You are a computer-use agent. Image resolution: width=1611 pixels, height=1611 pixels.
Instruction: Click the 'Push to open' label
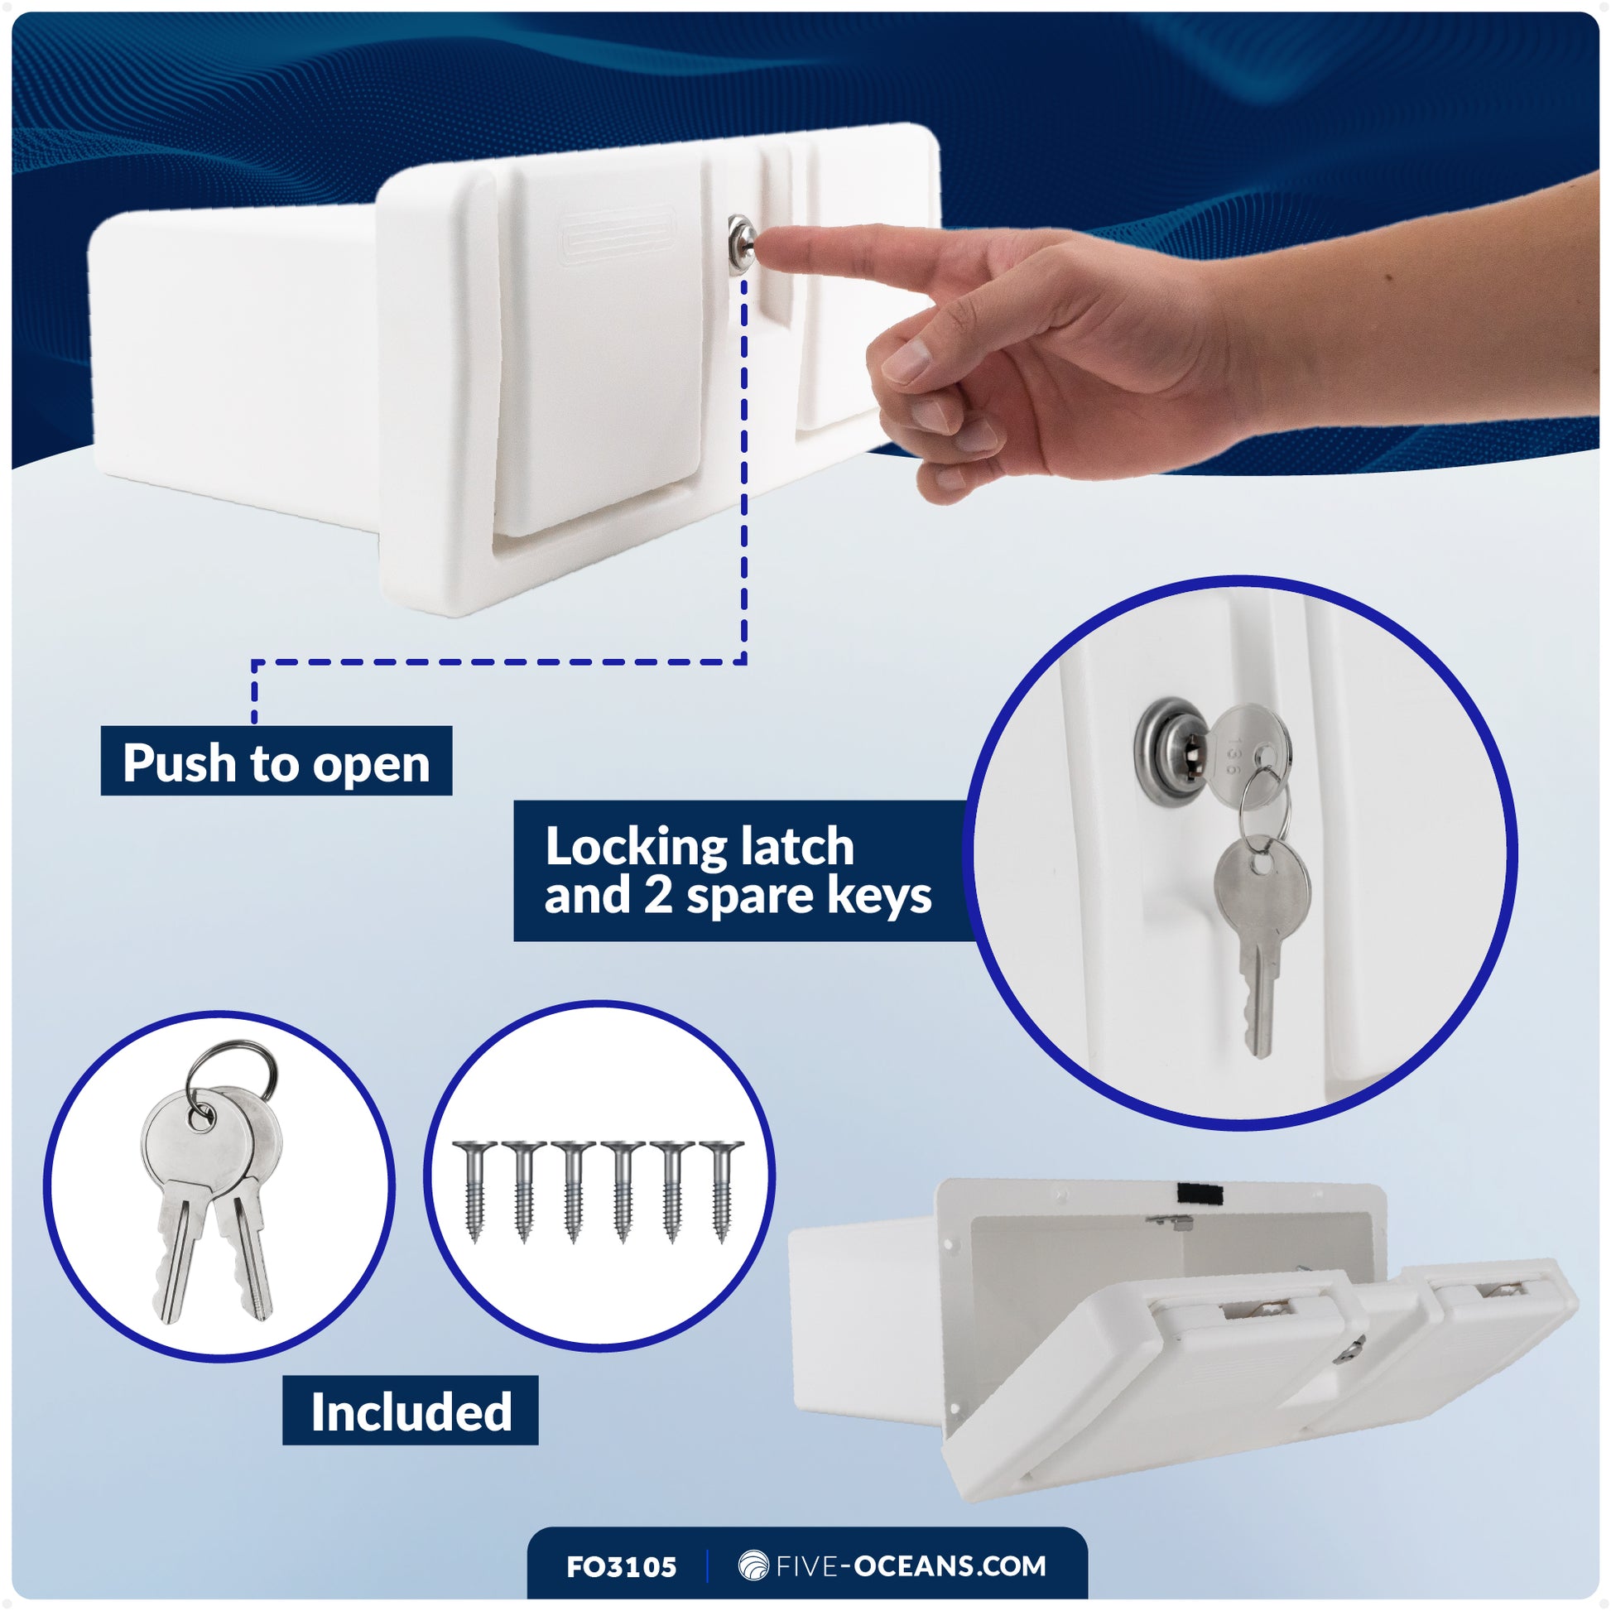[276, 762]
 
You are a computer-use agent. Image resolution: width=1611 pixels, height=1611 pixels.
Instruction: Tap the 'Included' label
[411, 1411]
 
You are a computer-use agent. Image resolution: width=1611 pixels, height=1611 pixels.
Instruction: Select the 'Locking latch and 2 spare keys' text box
[738, 871]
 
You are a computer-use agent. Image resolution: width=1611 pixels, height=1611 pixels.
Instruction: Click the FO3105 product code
[621, 1567]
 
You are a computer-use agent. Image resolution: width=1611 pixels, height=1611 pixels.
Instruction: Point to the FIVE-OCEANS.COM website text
[911, 1566]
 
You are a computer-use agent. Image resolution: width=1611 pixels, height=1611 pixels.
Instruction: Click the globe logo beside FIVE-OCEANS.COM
[753, 1566]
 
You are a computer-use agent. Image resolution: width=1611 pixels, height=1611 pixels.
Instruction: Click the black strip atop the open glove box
[1200, 1193]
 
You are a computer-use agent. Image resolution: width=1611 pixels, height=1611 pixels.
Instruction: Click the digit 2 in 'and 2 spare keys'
[657, 897]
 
